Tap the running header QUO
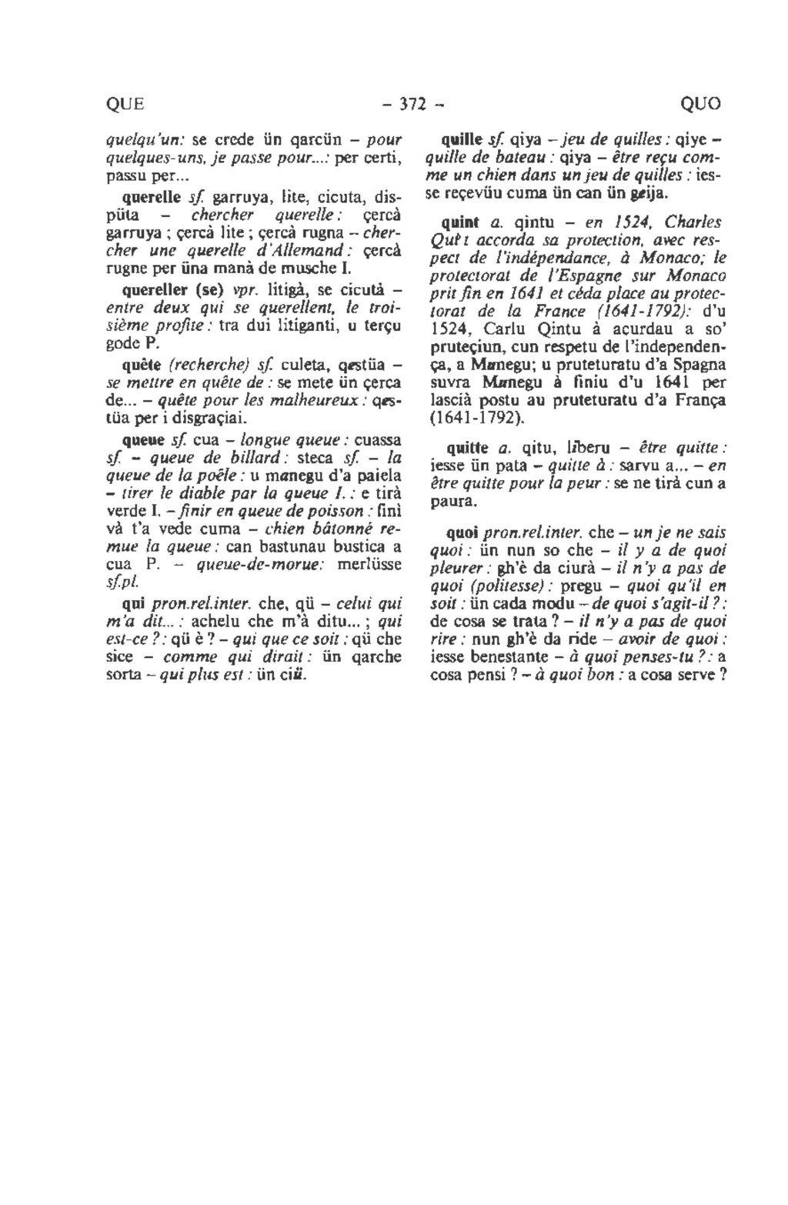701,104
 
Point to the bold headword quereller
154,292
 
